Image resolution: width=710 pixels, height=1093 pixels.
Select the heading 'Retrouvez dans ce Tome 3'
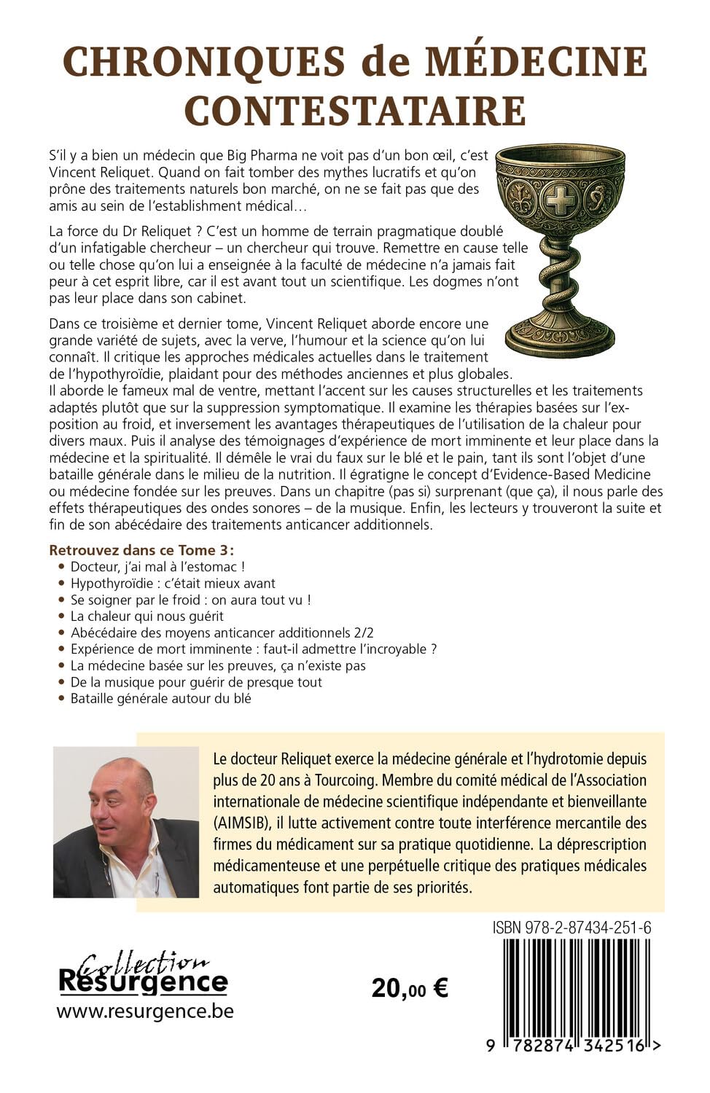(146, 549)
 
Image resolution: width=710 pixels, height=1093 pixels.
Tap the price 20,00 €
(410, 988)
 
